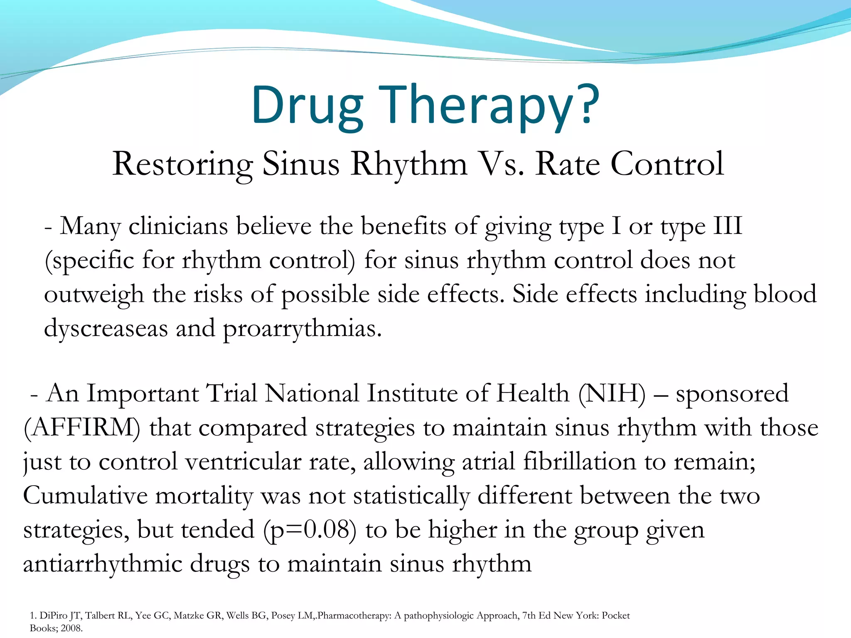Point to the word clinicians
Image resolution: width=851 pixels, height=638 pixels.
tap(178, 227)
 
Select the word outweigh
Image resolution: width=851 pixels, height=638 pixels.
tap(94, 295)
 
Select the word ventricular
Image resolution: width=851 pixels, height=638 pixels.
tap(243, 462)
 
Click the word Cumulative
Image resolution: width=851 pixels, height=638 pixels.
tap(85, 496)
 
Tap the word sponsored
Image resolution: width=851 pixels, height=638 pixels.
tap(732, 394)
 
